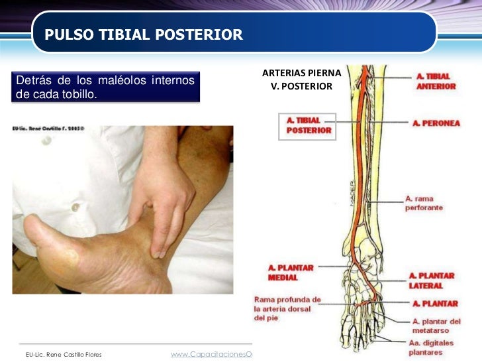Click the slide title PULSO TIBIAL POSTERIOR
click(144, 34)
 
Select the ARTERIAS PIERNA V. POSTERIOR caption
click(301, 79)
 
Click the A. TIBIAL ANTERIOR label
click(436, 81)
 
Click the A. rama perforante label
click(424, 203)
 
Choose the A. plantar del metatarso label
click(434, 326)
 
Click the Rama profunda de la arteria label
click(287, 308)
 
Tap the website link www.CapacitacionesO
click(211, 355)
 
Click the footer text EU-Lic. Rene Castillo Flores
click(64, 355)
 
